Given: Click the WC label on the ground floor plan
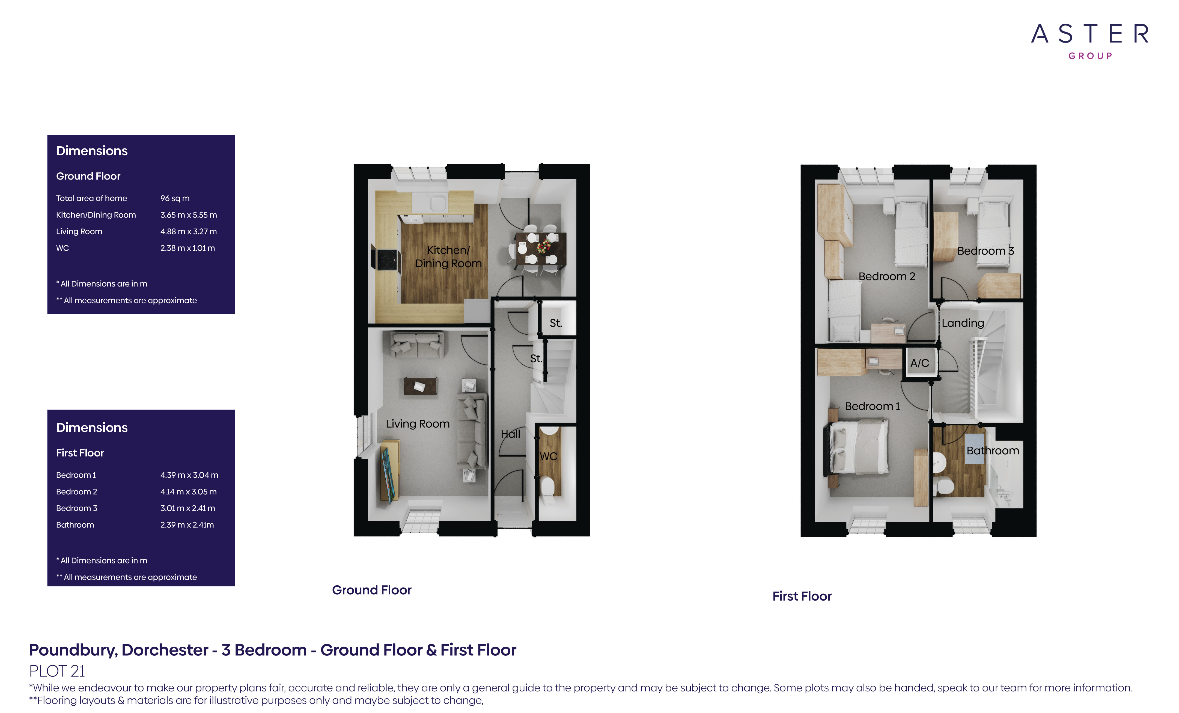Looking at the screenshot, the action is pyautogui.click(x=548, y=456).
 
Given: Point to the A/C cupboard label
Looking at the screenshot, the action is pyautogui.click(x=919, y=363).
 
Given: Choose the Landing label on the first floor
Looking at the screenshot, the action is pyautogui.click(x=963, y=323).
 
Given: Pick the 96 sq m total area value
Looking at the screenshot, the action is pyautogui.click(x=175, y=198).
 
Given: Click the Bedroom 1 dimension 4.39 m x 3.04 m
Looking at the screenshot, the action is pyautogui.click(x=189, y=475).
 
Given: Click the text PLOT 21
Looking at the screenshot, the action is pyautogui.click(x=57, y=671).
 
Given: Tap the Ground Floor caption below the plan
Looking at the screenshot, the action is pyautogui.click(x=372, y=590).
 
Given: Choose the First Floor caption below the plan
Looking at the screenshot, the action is pyautogui.click(x=802, y=596).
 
